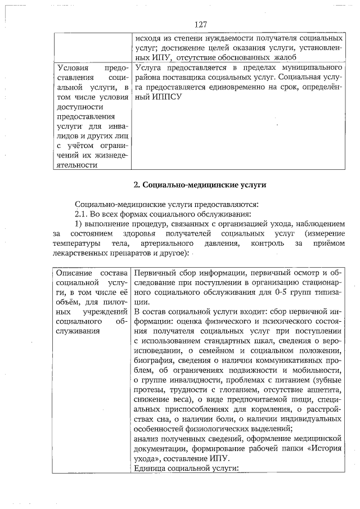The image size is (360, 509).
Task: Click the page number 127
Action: pos(201,25)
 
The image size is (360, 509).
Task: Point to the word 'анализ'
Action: pos(148,439)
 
